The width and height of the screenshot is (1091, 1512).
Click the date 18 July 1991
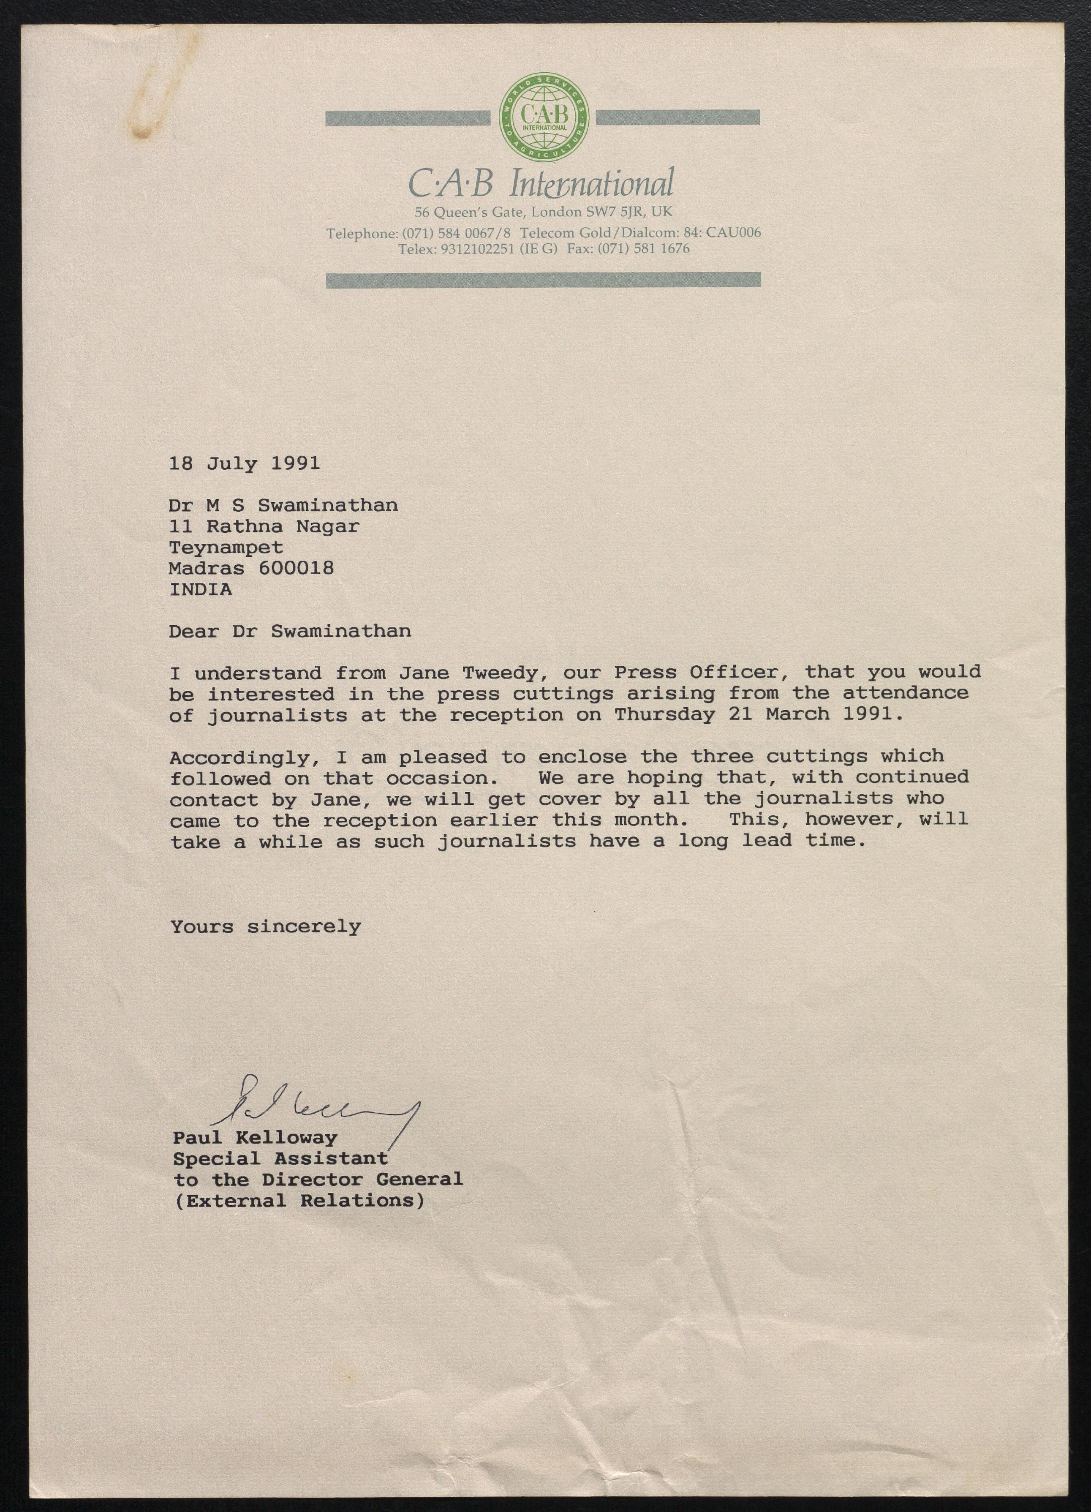(x=244, y=463)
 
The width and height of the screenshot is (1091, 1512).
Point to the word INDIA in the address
(x=201, y=589)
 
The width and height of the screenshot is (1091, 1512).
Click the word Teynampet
(x=226, y=548)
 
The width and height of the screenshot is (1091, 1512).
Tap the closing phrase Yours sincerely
(x=265, y=926)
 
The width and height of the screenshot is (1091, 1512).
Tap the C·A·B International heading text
(x=541, y=183)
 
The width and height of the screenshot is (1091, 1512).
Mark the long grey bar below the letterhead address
(x=543, y=280)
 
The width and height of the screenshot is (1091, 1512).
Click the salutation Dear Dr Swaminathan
(x=290, y=631)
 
